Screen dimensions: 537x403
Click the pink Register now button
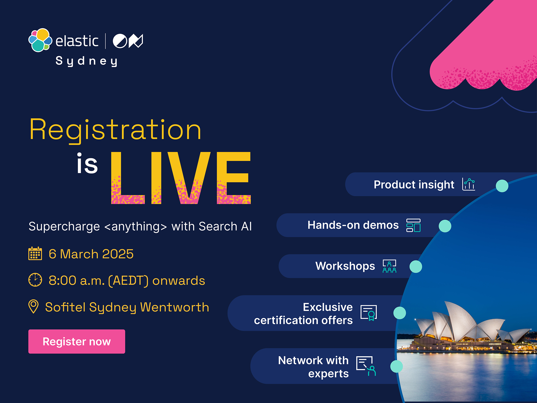tap(77, 341)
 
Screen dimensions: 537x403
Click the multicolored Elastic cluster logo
tap(40, 40)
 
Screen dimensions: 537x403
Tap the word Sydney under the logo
tap(86, 61)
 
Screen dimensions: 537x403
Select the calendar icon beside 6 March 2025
tap(35, 253)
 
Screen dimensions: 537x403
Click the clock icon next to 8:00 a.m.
tap(35, 280)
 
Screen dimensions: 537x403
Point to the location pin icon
tap(34, 307)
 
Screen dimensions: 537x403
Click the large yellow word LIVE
tap(181, 178)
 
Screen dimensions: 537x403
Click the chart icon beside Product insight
tap(469, 184)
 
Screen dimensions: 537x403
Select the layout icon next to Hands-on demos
tap(413, 225)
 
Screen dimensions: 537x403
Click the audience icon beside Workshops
tap(389, 266)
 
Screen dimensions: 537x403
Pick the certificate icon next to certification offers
tap(369, 313)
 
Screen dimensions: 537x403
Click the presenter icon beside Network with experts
tap(366, 366)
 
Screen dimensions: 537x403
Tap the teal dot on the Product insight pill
tap(502, 186)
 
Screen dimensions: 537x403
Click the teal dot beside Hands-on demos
tap(445, 226)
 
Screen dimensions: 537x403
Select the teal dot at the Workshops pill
tap(416, 267)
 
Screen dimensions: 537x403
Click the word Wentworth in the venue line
tap(175, 307)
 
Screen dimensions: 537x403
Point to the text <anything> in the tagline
tap(136, 226)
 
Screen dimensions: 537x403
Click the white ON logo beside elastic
tap(128, 41)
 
